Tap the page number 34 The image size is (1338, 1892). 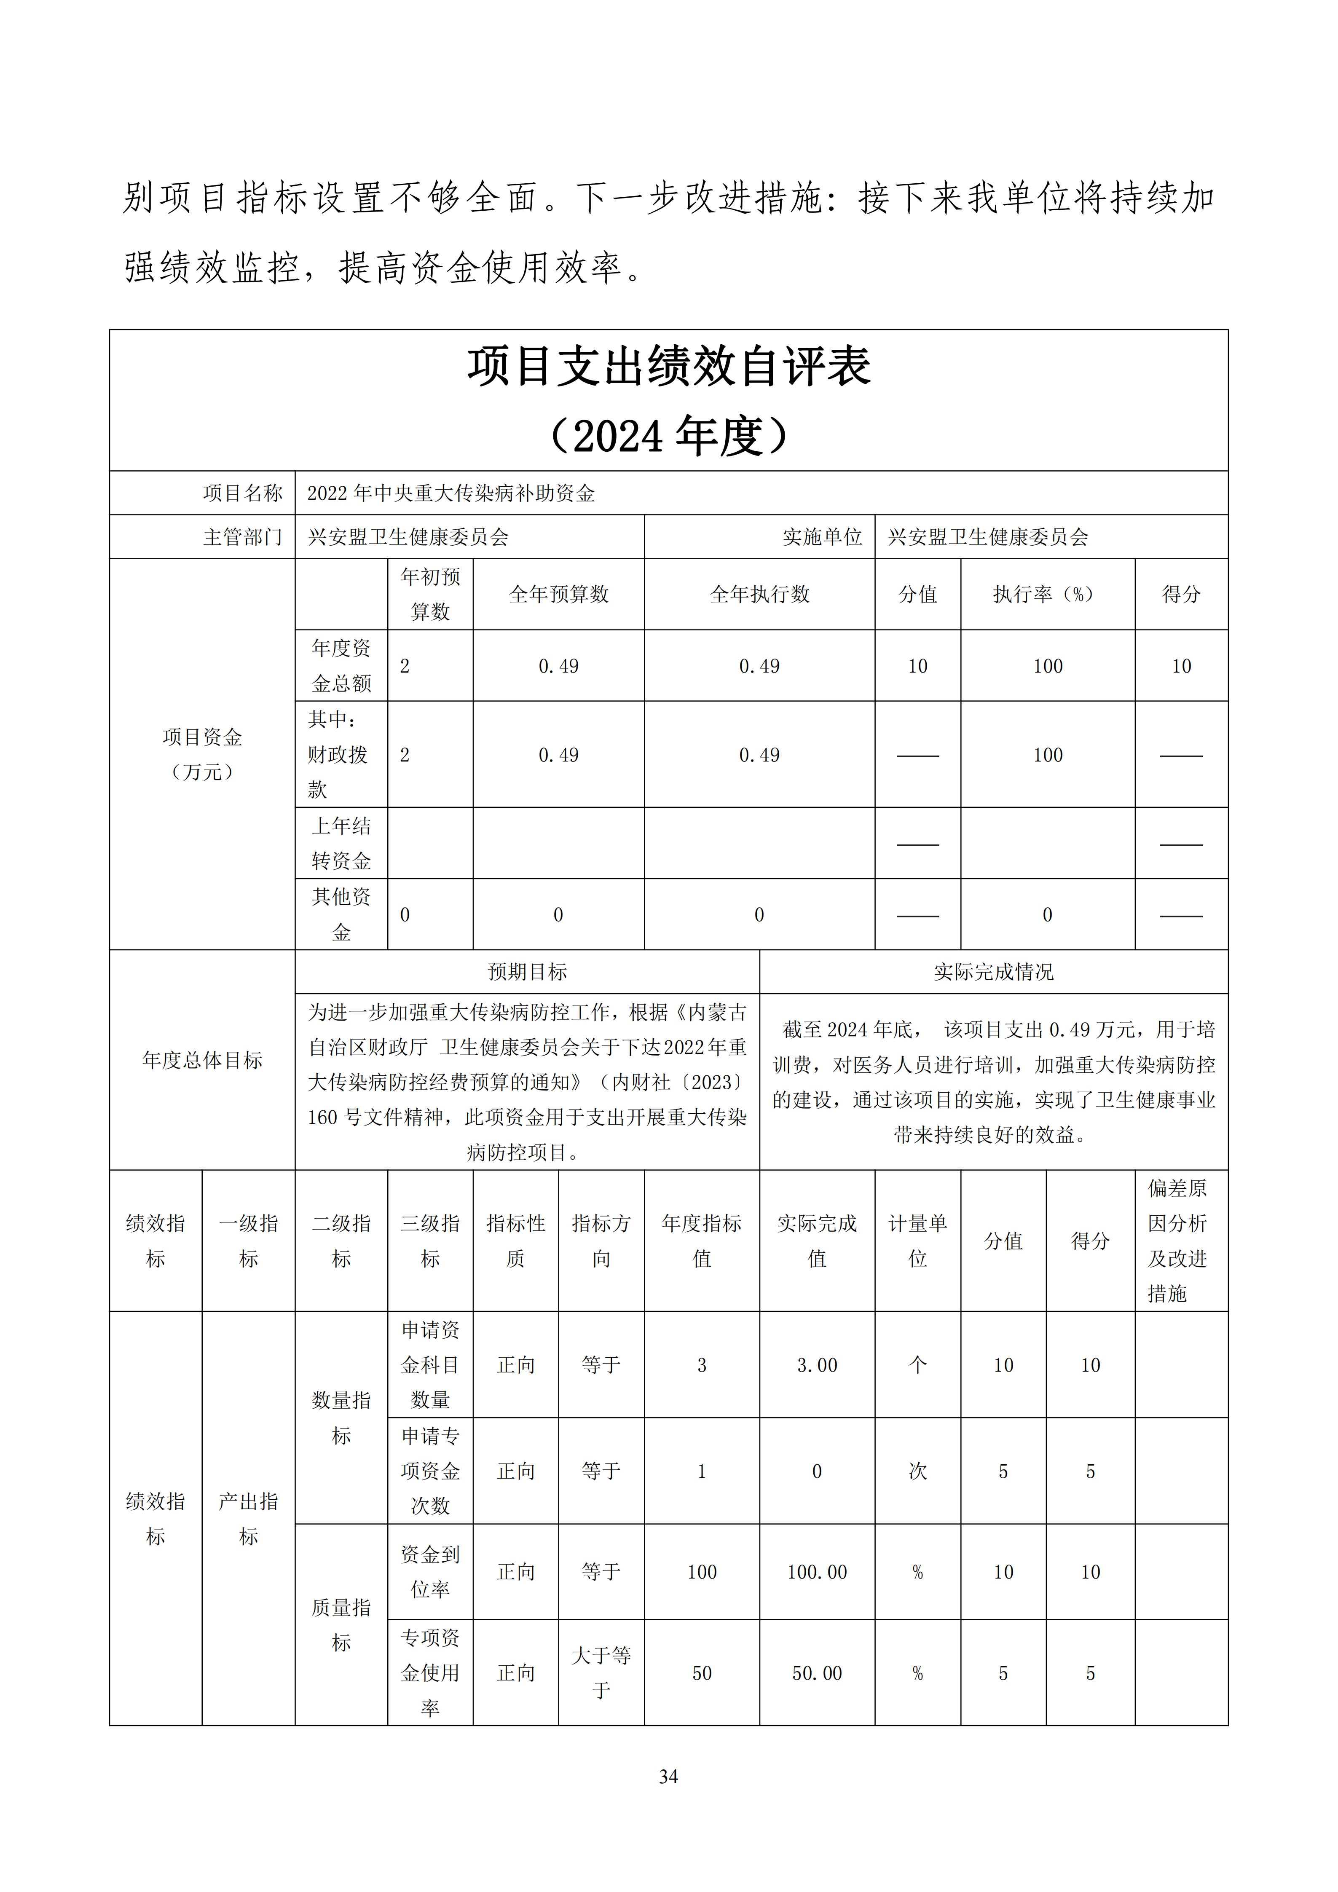(668, 1777)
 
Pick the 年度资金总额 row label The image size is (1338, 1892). (341, 666)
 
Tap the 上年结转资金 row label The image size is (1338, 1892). (341, 843)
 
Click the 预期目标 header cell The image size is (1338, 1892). (527, 973)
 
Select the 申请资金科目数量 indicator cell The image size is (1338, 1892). (430, 1364)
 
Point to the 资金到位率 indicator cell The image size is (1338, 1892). (430, 1572)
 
